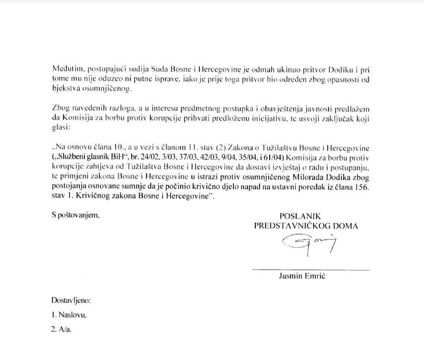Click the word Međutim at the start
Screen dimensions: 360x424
64,68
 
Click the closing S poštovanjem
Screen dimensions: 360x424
76,216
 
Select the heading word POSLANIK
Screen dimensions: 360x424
300,216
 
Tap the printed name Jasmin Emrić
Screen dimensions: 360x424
302,277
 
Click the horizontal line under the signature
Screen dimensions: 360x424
311,270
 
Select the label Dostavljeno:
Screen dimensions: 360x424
71,300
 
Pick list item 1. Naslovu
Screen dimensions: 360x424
69,315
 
